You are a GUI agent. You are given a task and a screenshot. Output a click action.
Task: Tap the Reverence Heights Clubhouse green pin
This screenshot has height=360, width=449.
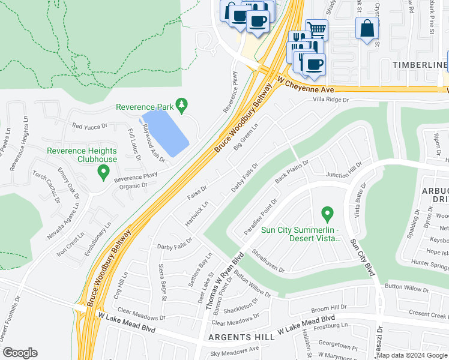pyautogui.click(x=103, y=172)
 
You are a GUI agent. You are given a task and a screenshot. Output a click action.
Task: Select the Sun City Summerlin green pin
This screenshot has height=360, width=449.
pyautogui.click(x=327, y=213)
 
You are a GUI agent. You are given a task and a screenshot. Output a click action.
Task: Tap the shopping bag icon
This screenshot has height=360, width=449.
pyautogui.click(x=367, y=28)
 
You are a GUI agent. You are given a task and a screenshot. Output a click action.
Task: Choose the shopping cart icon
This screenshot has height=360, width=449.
pyautogui.click(x=316, y=29)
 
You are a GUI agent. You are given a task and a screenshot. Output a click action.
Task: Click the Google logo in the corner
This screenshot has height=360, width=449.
pyautogui.click(x=19, y=353)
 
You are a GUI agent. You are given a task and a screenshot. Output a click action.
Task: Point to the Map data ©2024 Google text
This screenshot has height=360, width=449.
pyautogui.click(x=412, y=355)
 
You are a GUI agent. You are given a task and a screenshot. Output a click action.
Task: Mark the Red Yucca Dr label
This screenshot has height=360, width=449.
pyautogui.click(x=89, y=127)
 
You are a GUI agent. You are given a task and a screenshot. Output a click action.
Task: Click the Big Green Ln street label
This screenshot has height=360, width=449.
pyautogui.click(x=246, y=137)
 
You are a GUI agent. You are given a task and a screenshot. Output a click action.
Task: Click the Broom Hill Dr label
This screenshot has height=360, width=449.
pyautogui.click(x=329, y=307)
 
